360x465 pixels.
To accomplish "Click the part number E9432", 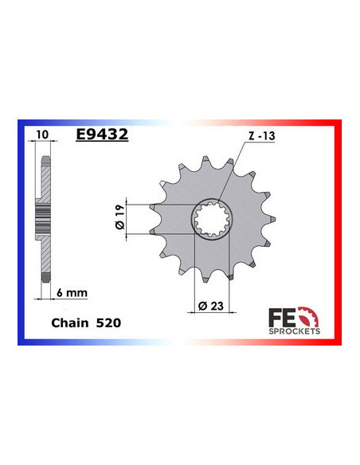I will click(x=101, y=135).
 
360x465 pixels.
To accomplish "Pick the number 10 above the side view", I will click(x=42, y=136).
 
